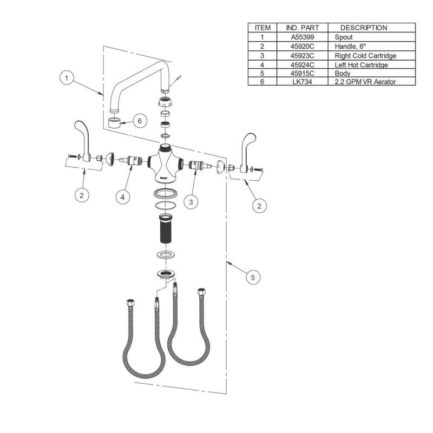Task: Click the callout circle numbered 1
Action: pos(67,78)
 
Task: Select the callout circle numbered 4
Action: pos(123,198)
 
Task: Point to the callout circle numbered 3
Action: pos(191,202)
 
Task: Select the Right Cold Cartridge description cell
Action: pos(366,55)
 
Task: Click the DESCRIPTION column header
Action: pos(364,28)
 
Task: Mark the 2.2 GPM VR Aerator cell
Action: pos(366,81)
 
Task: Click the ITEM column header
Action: pos(263,28)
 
